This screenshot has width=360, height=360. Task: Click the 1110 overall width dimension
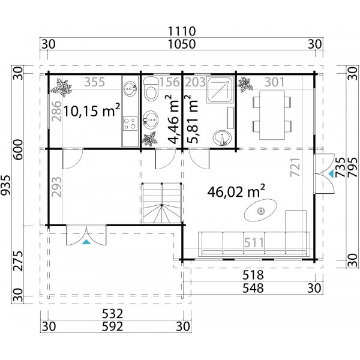pos(180,31)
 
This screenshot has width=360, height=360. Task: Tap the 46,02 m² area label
pos(236,191)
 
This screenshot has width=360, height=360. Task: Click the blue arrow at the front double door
pos(88,242)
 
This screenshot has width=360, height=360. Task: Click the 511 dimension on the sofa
pos(254,243)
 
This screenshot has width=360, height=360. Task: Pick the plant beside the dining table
pos(244,85)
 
